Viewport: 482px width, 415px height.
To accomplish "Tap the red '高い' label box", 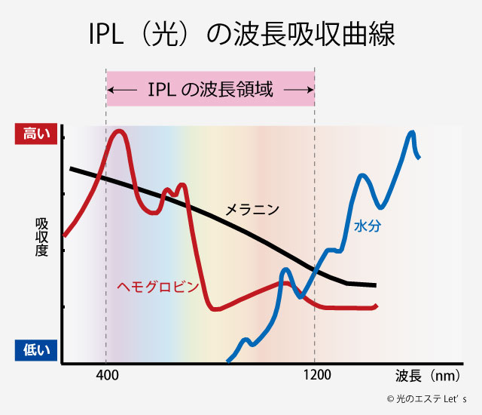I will pos(35,134).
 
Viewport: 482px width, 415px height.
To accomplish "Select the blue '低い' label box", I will pos(35,349).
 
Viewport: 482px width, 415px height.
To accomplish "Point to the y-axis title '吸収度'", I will pos(41,237).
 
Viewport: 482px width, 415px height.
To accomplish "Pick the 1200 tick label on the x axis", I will pos(316,375).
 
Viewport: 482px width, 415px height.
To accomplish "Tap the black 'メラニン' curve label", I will pos(253,209).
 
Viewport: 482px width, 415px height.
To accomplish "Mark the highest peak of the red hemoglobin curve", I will pos(117,132).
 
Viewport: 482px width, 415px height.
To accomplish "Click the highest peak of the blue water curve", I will pos(411,133).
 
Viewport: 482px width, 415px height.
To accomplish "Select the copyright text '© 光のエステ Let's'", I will pos(426,400).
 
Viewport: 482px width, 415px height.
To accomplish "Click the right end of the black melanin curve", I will pos(374,286).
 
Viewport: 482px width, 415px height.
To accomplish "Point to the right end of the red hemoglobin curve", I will pos(376,306).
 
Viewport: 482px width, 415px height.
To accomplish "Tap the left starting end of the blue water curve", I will pos(228,358).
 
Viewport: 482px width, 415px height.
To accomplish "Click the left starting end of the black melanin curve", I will pos(71,168).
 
